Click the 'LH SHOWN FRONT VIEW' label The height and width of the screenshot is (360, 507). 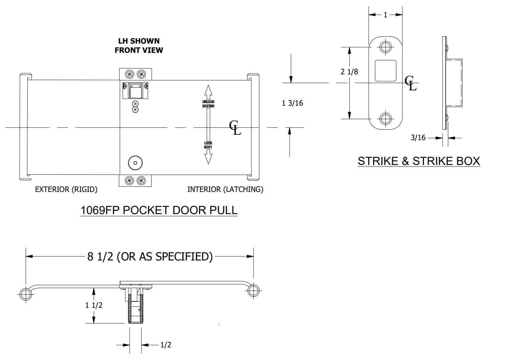coord(139,46)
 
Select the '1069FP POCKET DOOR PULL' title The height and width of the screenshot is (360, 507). coord(159,210)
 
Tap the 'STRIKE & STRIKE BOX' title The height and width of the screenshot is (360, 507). coord(419,161)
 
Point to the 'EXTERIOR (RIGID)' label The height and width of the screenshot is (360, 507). coord(66,189)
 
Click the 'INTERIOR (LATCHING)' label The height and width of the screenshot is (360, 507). coord(225,189)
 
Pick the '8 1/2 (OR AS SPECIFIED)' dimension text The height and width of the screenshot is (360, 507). coord(150,256)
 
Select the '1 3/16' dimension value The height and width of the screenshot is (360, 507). coord(292,103)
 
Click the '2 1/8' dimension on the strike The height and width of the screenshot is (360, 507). coord(349,72)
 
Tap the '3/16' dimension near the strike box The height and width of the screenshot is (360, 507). coord(418,138)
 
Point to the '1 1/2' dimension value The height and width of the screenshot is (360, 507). coord(94,305)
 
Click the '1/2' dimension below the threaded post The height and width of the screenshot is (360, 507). coord(166,345)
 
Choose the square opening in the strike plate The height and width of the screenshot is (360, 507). coord(385,71)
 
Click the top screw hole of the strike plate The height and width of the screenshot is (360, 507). coord(385,46)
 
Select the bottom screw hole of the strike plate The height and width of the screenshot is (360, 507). coord(385,119)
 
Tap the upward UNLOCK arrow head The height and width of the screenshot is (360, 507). coord(208,90)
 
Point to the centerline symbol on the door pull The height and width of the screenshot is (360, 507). coord(235,127)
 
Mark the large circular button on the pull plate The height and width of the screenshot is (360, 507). coord(135,163)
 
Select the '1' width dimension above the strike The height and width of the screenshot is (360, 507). coord(385,15)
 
